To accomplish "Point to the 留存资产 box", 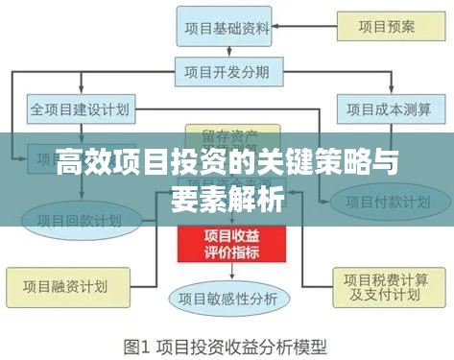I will [x=227, y=133].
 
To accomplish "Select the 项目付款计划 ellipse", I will [x=382, y=204].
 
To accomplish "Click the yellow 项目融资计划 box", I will [x=57, y=284].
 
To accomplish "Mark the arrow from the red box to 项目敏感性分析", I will [x=227, y=272].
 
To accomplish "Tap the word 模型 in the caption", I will [x=308, y=344].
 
